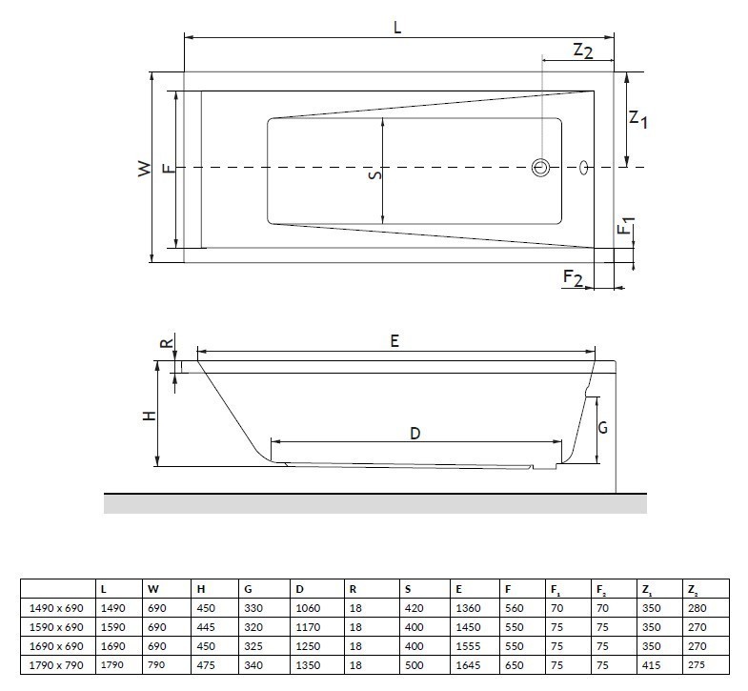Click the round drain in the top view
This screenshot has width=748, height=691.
tap(541, 168)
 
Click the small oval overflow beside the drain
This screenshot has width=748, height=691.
tap(583, 167)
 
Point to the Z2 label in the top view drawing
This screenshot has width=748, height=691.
tap(583, 51)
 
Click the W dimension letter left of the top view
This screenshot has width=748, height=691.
tap(144, 169)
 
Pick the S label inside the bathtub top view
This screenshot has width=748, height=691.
tap(374, 174)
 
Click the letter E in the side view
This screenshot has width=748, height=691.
tap(394, 341)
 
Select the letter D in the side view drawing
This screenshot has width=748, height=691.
tap(415, 433)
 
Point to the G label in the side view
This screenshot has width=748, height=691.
tap(602, 429)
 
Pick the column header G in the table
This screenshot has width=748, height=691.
tap(248, 589)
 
